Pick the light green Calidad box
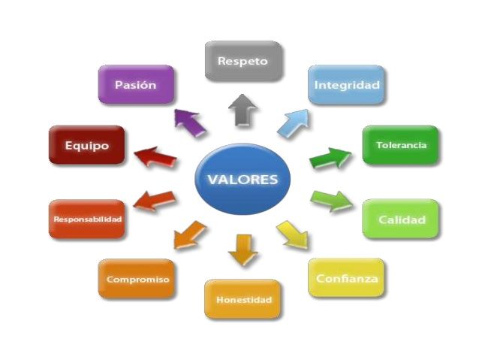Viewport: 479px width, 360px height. pos(401,219)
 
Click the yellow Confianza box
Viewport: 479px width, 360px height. pos(346,278)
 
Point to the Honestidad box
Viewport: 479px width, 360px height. pos(243,299)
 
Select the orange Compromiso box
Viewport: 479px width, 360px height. pos(136,279)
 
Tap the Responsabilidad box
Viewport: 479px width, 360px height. pos(86,219)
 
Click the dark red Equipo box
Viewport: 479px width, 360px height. pos(86,145)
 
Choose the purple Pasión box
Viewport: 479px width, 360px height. pos(136,85)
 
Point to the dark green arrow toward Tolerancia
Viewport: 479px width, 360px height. pos(331,158)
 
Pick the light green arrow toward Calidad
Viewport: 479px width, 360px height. pos(331,201)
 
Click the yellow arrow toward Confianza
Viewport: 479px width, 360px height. pos(292,235)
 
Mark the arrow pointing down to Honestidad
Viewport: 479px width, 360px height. pos(242,250)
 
